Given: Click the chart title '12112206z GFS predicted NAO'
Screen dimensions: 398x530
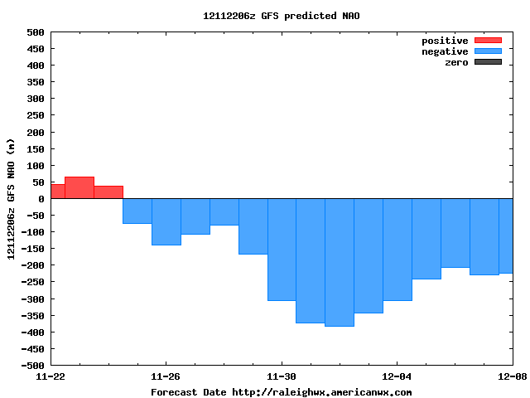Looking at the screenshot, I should (282, 16).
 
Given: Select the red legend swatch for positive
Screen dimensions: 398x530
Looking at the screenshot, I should (488, 41).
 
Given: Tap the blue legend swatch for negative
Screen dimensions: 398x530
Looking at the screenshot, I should (488, 51).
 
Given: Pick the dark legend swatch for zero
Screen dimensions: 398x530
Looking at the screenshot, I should (488, 62).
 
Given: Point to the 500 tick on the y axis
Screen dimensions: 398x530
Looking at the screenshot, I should (35, 32).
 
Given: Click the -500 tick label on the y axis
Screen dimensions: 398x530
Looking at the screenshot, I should (32, 365).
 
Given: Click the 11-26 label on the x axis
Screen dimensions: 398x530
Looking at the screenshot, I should (166, 376).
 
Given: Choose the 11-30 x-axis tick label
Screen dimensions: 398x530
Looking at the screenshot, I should (282, 376).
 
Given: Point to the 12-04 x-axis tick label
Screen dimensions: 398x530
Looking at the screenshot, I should (397, 376).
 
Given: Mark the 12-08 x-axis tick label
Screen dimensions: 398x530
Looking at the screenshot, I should (512, 376).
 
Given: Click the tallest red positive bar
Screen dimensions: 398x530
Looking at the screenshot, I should (79, 188).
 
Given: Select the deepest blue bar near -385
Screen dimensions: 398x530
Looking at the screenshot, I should (340, 262).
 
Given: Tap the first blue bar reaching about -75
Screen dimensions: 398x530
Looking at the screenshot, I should (137, 211).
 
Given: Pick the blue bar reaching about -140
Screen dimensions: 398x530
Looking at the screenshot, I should (166, 221).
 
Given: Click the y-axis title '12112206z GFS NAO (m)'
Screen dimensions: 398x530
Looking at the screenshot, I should (11, 199).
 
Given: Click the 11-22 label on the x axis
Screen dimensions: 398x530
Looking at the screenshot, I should (51, 376).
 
